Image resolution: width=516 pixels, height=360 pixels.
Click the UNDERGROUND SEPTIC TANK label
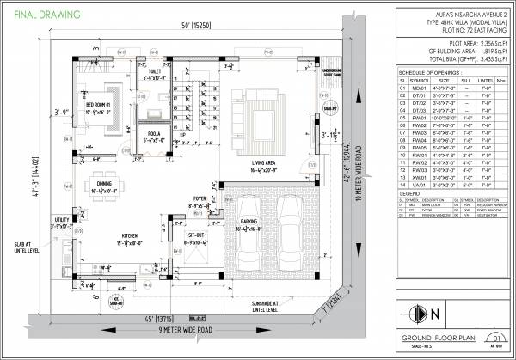332,73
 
